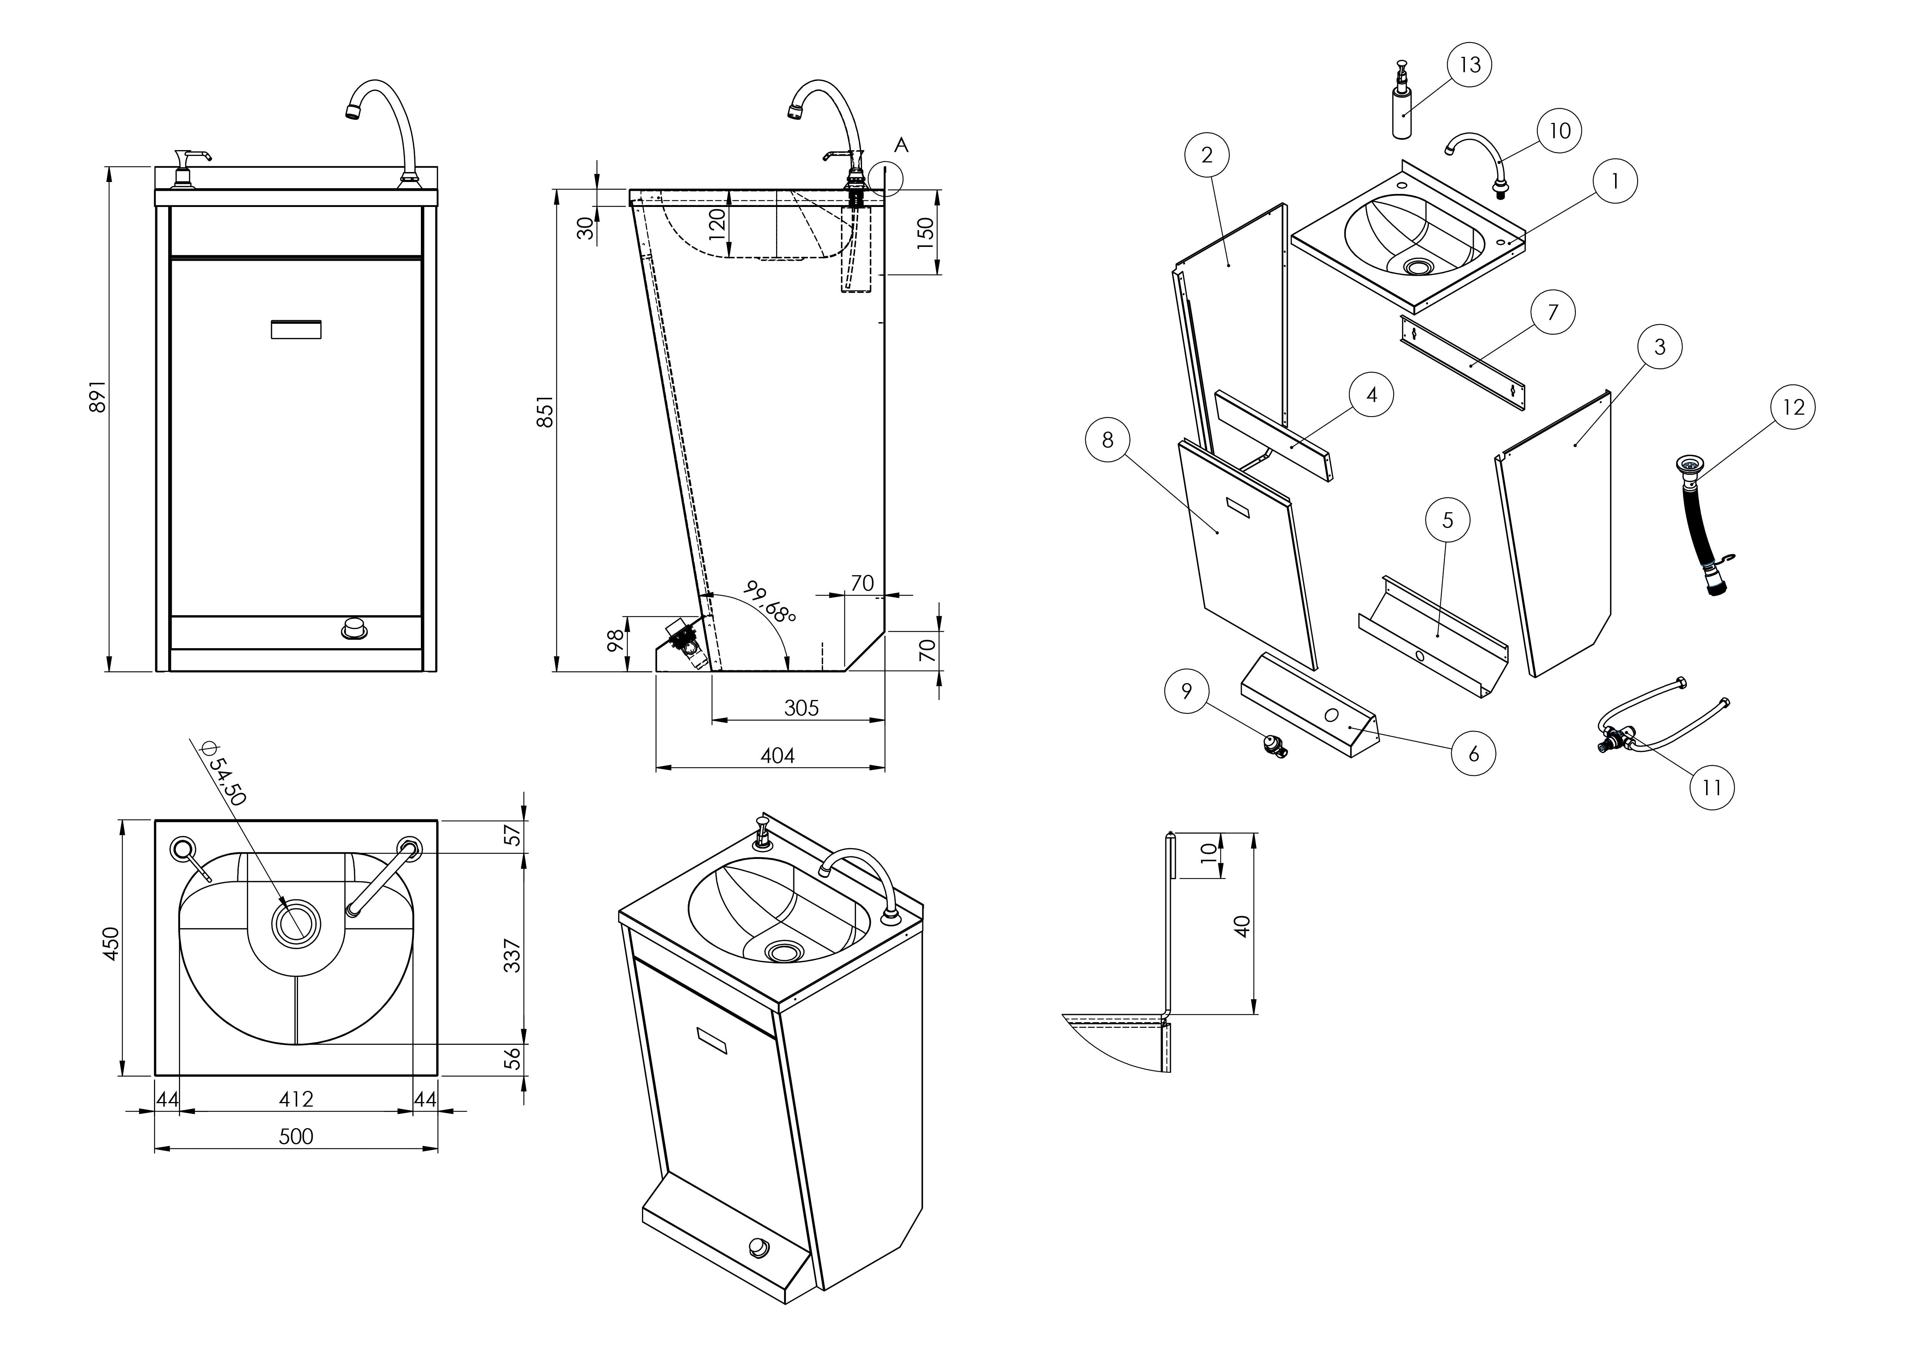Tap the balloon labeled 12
pyautogui.click(x=1793, y=407)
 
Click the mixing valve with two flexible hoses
pyautogui.click(x=1630, y=730)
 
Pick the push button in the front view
pyautogui.click(x=354, y=629)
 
